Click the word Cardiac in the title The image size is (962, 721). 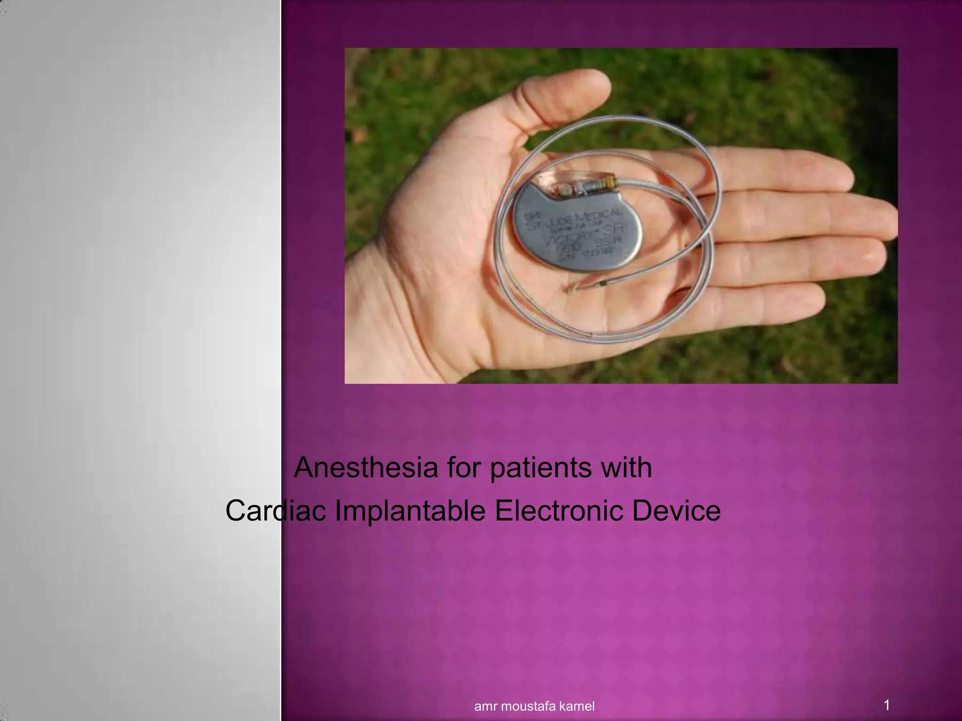[276, 511]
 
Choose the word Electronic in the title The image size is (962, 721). [559, 511]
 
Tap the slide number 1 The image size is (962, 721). [886, 705]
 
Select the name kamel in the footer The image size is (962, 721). [579, 706]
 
